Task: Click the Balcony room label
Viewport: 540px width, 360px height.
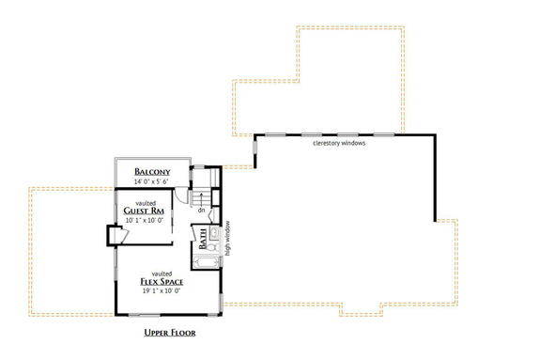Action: click(152, 171)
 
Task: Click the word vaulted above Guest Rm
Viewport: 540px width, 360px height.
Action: click(145, 201)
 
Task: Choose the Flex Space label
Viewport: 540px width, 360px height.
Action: click(162, 281)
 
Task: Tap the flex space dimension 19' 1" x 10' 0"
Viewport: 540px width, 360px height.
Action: click(162, 291)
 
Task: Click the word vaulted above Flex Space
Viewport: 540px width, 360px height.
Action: click(162, 272)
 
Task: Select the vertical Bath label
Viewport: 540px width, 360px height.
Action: click(204, 250)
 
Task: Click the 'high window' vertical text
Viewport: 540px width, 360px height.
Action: click(227, 239)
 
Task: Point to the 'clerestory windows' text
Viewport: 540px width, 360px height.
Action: click(339, 144)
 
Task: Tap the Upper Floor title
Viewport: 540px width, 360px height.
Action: click(170, 333)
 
